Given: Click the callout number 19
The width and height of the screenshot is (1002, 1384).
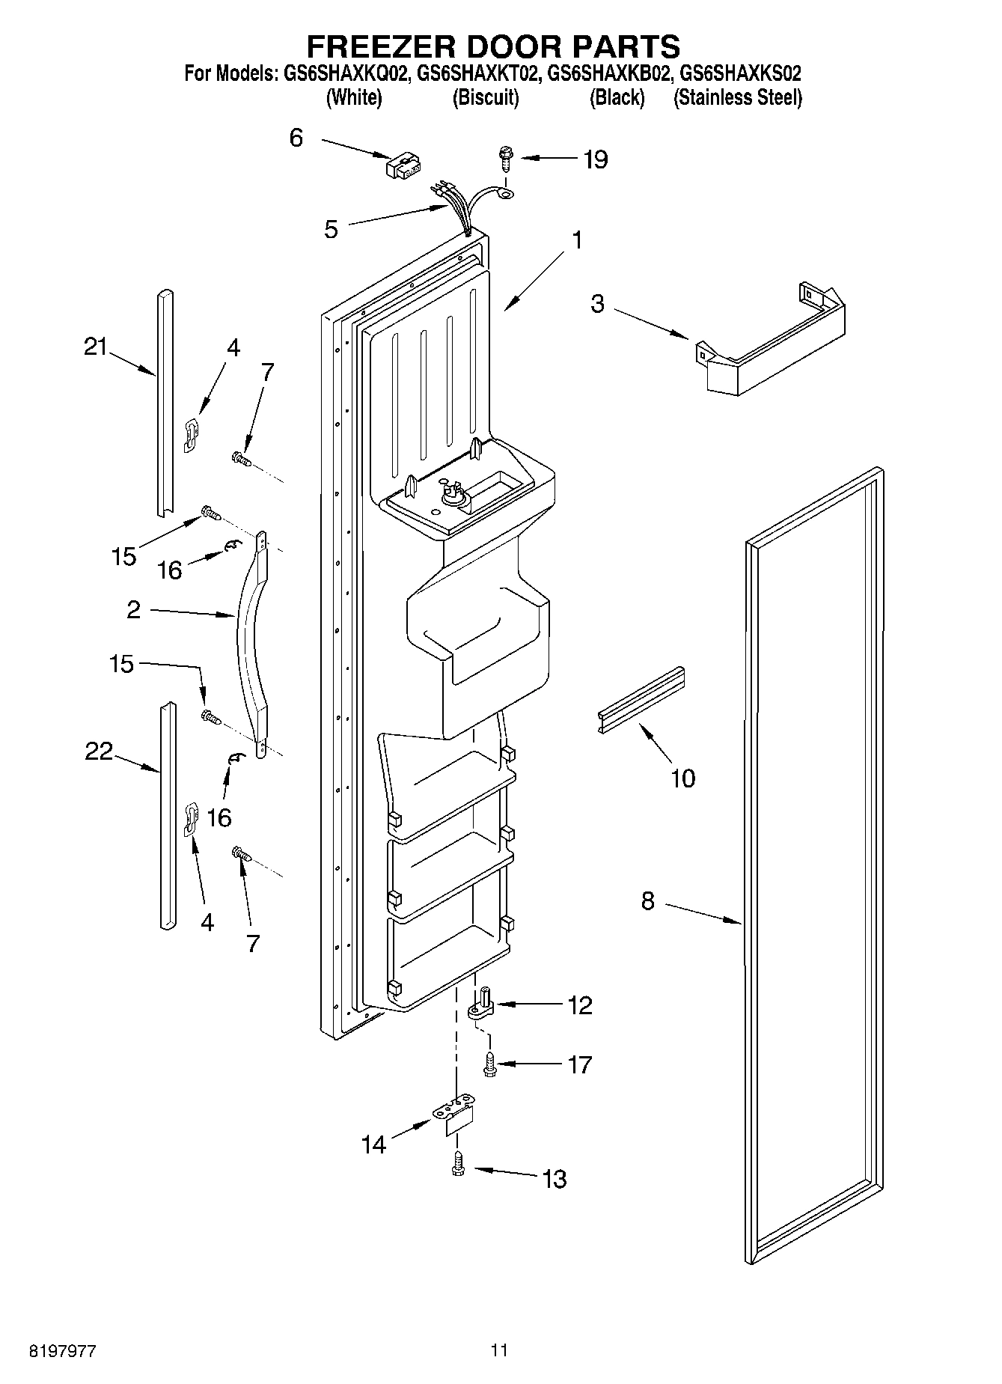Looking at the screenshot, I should click(596, 159).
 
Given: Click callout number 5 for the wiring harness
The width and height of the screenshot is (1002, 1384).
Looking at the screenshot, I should click(331, 229).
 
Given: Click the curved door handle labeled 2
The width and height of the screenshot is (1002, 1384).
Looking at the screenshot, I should click(251, 644).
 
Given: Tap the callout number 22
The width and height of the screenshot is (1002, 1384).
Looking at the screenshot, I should click(98, 751).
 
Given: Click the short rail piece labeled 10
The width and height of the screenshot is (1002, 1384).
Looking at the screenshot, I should click(641, 700).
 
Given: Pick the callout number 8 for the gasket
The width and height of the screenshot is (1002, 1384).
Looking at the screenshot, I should click(647, 901).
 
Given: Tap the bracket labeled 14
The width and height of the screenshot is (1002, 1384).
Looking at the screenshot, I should click(456, 1117).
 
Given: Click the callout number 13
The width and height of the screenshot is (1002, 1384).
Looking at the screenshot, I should click(554, 1179).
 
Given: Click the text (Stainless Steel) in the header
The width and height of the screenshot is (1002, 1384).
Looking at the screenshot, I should click(738, 98).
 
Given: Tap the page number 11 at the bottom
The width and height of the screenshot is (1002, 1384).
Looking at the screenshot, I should click(499, 1350).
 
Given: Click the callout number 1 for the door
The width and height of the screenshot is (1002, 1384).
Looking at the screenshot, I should click(576, 240).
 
